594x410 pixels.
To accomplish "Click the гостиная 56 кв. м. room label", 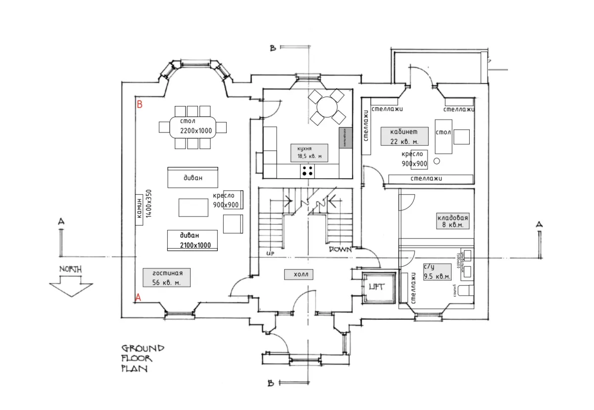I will [161, 277].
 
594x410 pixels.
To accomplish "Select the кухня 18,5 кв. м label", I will [309, 153].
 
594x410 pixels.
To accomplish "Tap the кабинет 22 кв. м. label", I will [404, 136].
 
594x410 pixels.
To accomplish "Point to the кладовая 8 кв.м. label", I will [452, 221].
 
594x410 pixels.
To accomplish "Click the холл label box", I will [299, 274].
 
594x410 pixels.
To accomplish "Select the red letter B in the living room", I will [140, 104].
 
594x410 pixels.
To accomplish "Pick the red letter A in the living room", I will [139, 297].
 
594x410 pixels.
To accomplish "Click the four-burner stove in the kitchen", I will [307, 171].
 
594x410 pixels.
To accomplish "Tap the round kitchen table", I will [327, 106].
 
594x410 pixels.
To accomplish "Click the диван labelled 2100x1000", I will [193, 241].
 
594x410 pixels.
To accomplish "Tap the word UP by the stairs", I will [270, 253].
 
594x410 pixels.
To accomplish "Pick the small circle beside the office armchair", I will [437, 161].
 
